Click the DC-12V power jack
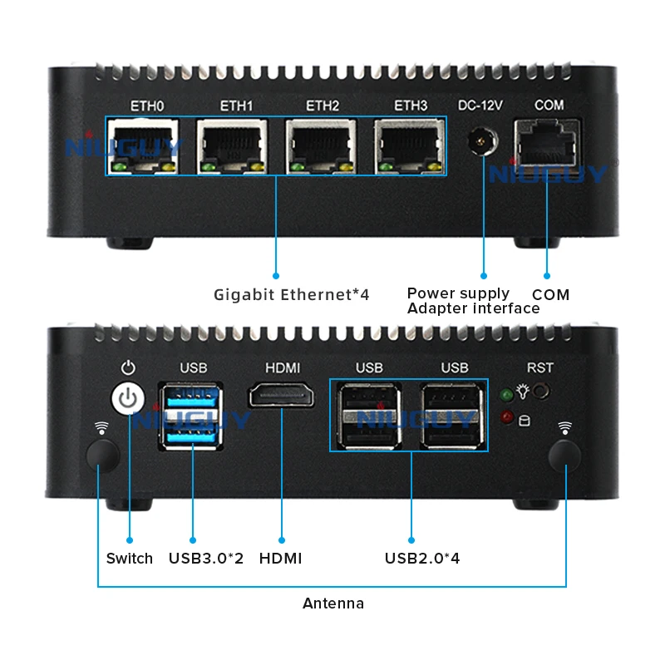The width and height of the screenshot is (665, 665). pyautogui.click(x=480, y=142)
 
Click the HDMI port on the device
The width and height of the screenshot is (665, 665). pyautogui.click(x=282, y=396)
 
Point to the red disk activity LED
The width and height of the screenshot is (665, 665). pyautogui.click(x=507, y=417)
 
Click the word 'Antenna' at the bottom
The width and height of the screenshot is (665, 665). pyautogui.click(x=332, y=603)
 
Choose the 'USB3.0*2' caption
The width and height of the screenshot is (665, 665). pyautogui.click(x=206, y=559)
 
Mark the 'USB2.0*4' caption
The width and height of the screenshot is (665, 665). pyautogui.click(x=422, y=559)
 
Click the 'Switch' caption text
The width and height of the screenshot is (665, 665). pyautogui.click(x=130, y=559)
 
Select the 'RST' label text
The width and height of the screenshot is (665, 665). pyautogui.click(x=539, y=367)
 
